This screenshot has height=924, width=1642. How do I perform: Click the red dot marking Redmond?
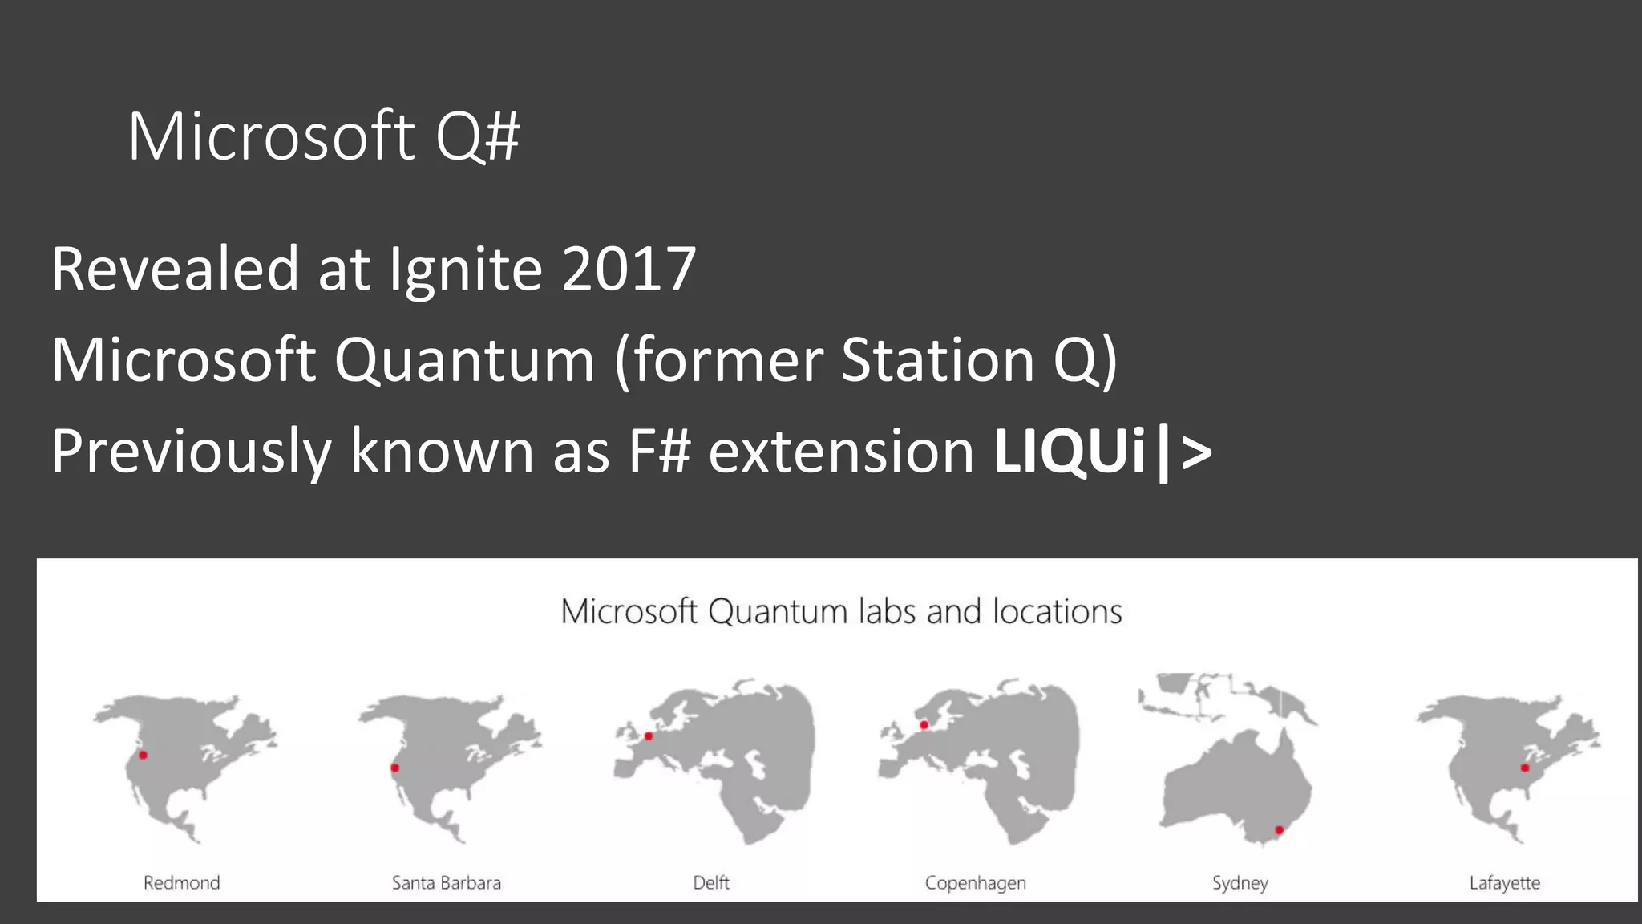[143, 755]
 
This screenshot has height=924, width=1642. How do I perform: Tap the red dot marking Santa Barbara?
[394, 768]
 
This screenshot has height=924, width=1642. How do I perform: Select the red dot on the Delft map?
[649, 736]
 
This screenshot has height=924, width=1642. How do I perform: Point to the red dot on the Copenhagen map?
[924, 725]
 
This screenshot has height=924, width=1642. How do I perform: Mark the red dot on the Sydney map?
[1279, 830]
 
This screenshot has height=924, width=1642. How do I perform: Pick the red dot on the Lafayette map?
[1524, 768]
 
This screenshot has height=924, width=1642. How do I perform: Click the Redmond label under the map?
[181, 883]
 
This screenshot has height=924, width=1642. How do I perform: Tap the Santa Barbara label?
[446, 883]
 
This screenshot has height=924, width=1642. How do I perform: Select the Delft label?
[711, 883]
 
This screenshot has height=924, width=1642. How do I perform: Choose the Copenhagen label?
[975, 883]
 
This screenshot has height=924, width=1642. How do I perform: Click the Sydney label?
[1240, 883]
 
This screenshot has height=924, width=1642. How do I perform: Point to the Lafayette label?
[1504, 883]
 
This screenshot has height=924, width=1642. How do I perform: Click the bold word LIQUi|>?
[1102, 452]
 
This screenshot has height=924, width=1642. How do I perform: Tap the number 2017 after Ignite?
[629, 269]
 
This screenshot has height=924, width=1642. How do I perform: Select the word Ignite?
[465, 270]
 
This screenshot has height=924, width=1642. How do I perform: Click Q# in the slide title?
[478, 136]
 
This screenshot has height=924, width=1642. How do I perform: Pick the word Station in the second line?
[937, 360]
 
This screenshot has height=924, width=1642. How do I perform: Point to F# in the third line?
[659, 452]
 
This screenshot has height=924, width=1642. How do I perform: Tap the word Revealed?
[175, 269]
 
